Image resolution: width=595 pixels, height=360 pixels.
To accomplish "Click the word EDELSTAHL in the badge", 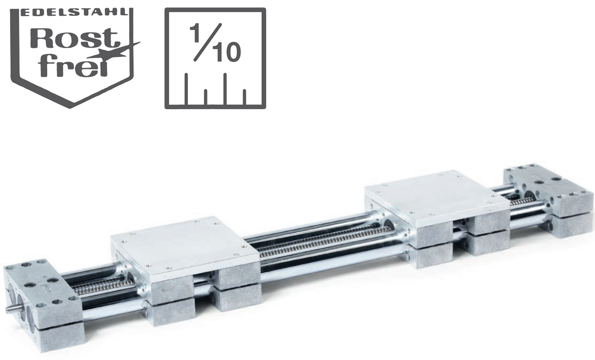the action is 75,13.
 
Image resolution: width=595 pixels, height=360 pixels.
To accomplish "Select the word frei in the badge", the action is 73,65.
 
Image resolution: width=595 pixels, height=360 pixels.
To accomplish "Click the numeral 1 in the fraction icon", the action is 196,33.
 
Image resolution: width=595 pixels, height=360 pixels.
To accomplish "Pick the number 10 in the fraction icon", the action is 227,53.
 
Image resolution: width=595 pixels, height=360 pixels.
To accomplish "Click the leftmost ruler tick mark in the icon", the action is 187,89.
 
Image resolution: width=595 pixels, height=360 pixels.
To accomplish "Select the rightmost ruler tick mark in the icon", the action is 244,97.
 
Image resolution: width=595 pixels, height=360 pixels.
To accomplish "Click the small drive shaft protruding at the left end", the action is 11,310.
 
